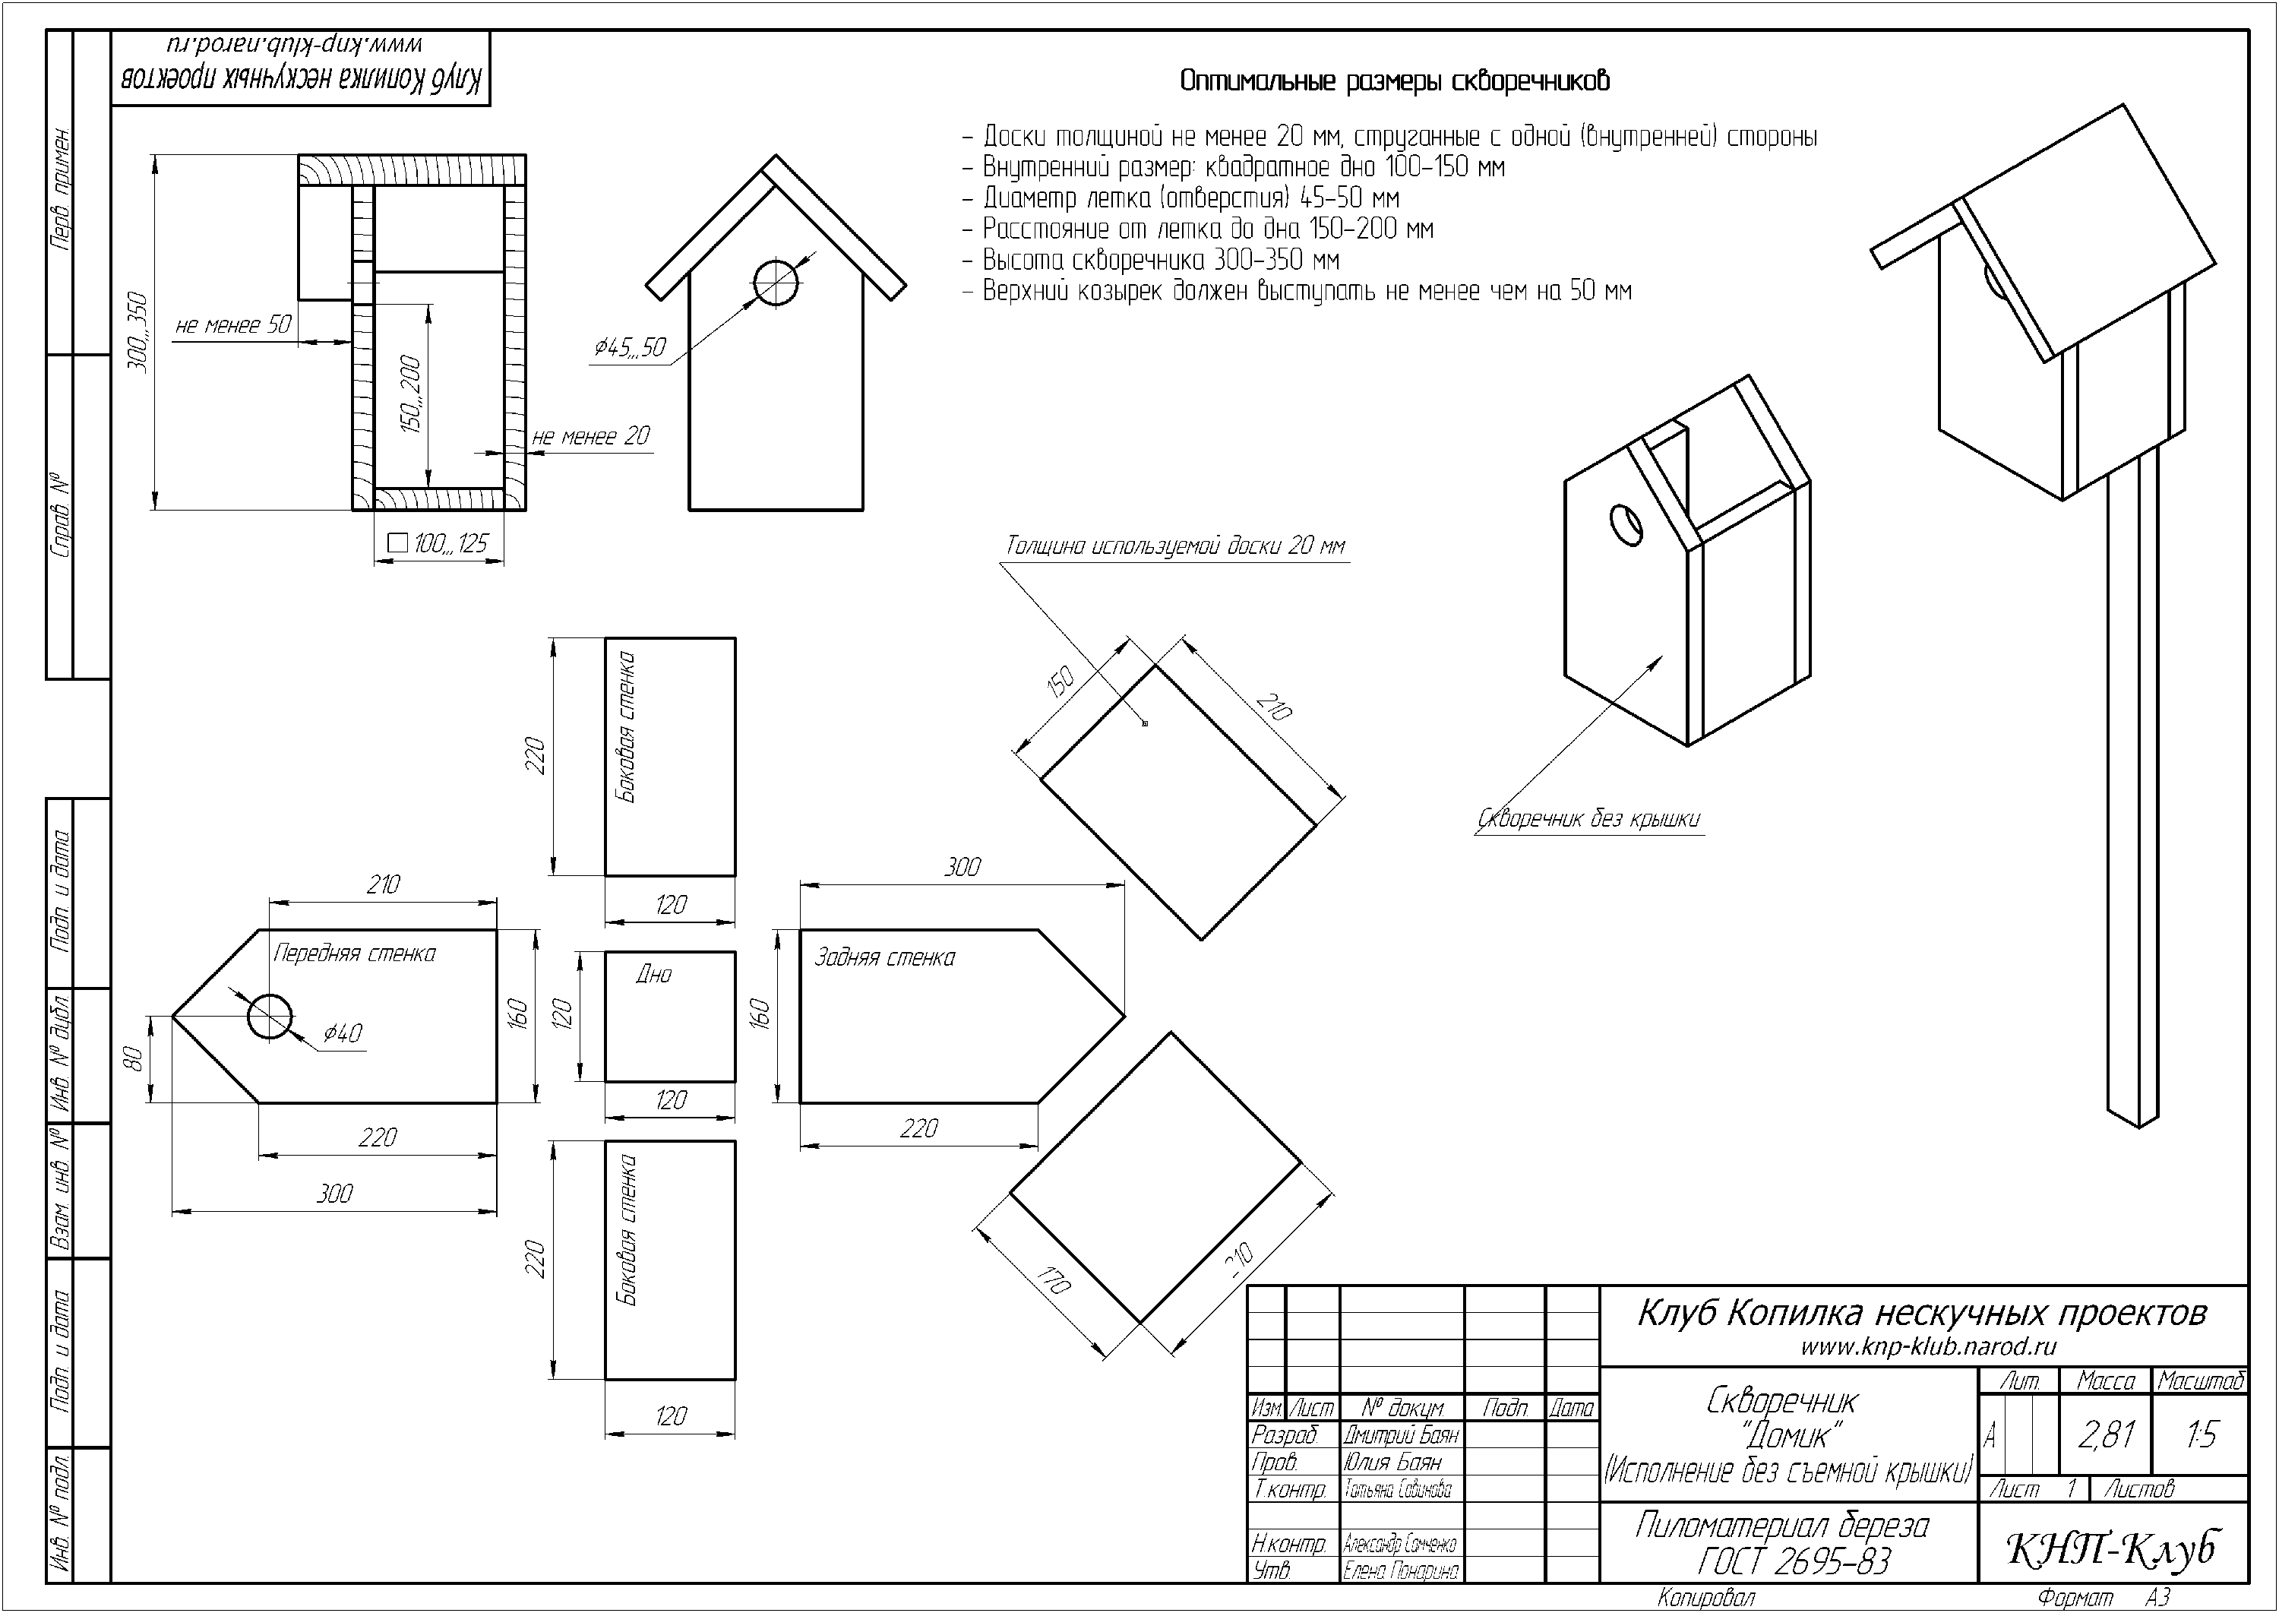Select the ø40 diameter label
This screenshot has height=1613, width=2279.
(x=342, y=1033)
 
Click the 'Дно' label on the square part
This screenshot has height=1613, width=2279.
(x=653, y=974)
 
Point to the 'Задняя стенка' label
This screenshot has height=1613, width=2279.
(x=883, y=957)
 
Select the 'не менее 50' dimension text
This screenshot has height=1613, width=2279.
(x=233, y=324)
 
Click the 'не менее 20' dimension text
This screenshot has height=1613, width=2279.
(x=591, y=436)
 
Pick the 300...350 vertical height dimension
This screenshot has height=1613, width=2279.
(x=138, y=333)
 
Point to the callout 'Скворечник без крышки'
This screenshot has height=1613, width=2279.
(x=1589, y=819)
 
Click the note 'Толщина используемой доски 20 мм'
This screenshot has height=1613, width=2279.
(x=1176, y=546)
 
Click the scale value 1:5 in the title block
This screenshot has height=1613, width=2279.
(x=2201, y=1434)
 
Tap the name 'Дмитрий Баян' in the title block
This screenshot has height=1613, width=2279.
(x=1400, y=1435)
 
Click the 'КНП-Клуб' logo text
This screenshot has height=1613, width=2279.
(x=2112, y=1548)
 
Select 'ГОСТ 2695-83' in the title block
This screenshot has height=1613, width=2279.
(x=1794, y=1562)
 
